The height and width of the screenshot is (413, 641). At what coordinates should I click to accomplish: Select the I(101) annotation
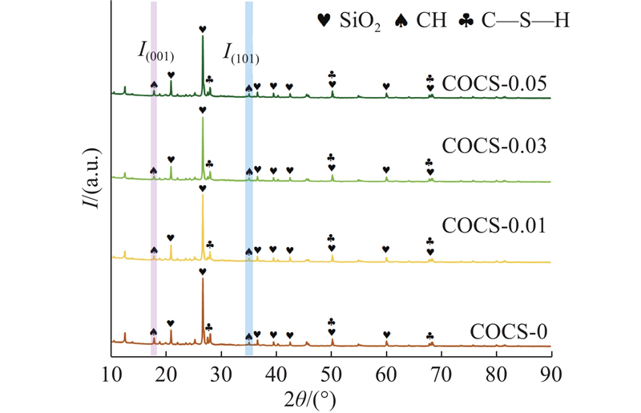pyautogui.click(x=240, y=55)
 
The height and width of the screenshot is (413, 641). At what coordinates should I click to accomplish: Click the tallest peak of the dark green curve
pyautogui.click(x=203, y=36)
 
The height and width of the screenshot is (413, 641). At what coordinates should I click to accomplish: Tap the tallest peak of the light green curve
pyautogui.click(x=203, y=118)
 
